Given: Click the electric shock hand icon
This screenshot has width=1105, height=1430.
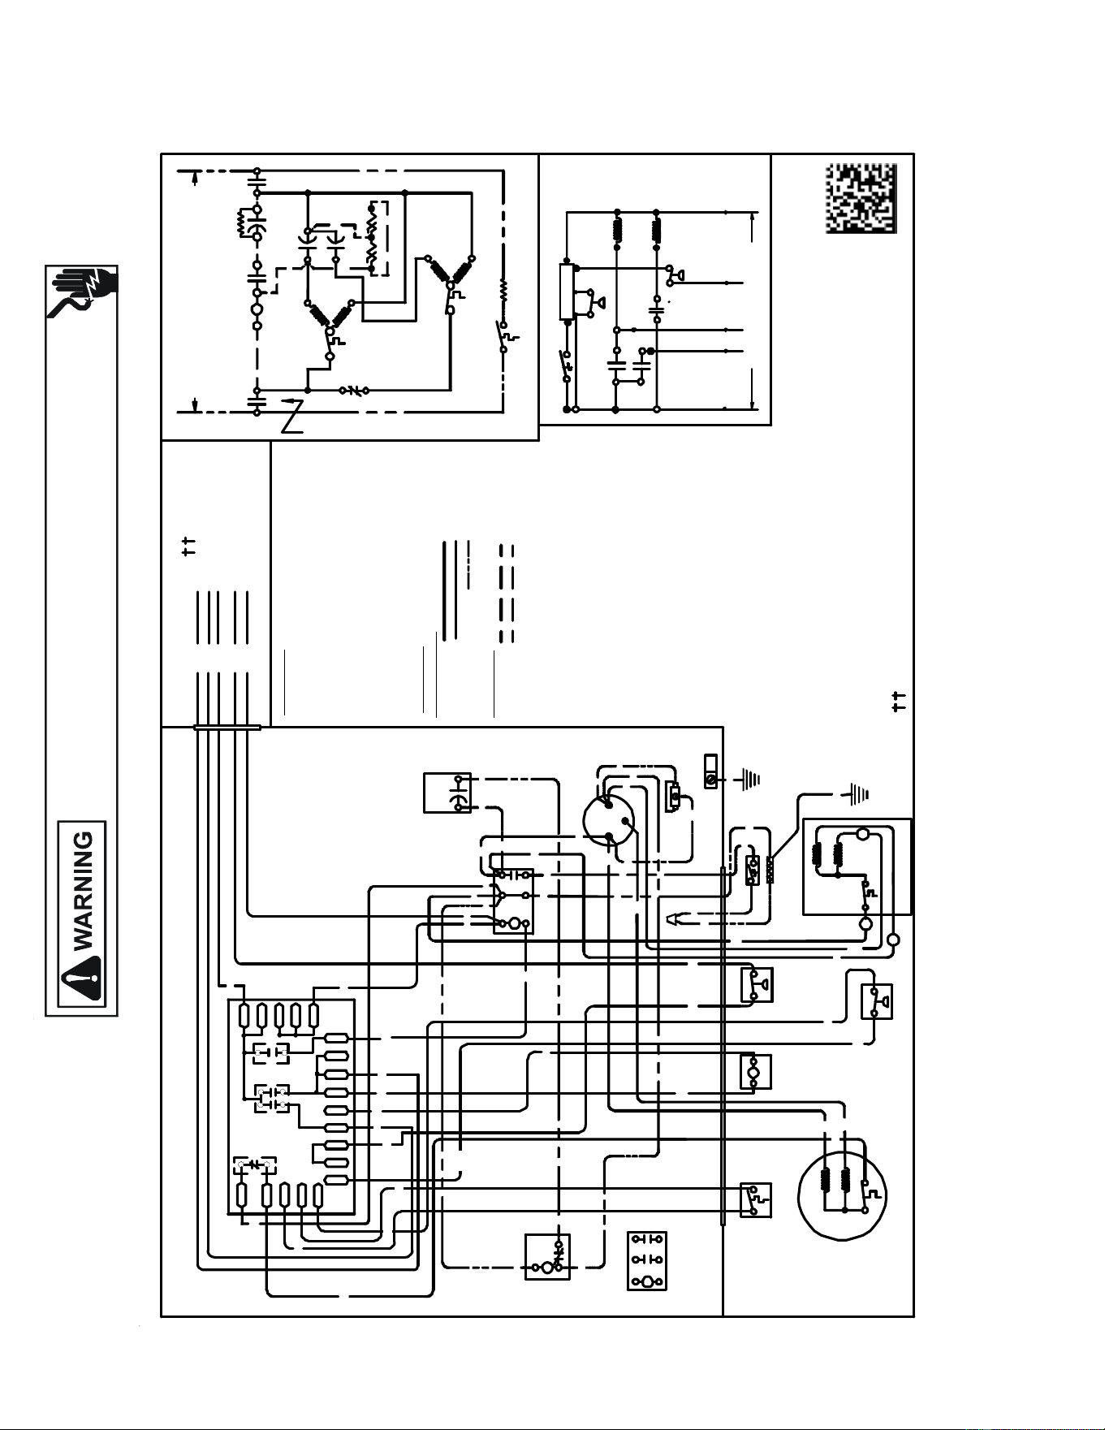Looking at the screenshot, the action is pos(82,292).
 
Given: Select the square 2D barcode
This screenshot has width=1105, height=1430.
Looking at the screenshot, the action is pos(861,198).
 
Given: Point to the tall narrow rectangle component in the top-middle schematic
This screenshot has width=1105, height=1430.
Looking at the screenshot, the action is pos(566,292).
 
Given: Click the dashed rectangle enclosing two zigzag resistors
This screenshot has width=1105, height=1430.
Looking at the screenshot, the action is pos(378,238).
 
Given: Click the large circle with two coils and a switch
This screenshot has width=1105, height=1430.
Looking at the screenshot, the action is pos(842,1196).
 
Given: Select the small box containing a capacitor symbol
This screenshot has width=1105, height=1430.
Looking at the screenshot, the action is pos(447,793).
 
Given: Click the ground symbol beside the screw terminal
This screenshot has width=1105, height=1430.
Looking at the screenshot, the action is pos(749,780).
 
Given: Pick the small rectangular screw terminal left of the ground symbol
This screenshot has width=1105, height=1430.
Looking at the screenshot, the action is pos(711,771).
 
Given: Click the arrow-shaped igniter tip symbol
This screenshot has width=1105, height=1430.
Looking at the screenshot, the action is pos(675,919).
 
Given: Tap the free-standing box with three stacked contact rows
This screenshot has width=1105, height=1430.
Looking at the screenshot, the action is pos(647,1260).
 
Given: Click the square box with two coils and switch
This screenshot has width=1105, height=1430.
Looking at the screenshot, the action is pos(857,866).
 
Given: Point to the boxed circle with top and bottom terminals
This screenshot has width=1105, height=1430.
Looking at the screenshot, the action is pos(755,1071).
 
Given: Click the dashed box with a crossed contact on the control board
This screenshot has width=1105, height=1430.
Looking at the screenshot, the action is pos(255,1165).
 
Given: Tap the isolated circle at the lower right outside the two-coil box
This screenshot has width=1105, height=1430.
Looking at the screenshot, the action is pos(894,940).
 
